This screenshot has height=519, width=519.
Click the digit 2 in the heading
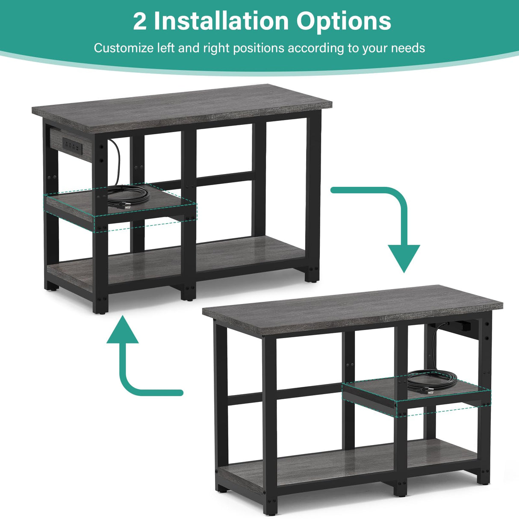pyautogui.click(x=139, y=21)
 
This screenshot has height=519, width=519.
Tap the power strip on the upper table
pyautogui.click(x=71, y=146)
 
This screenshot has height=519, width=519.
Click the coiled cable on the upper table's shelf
pyautogui.click(x=128, y=195)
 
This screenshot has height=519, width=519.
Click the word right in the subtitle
pyautogui.click(x=215, y=48)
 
